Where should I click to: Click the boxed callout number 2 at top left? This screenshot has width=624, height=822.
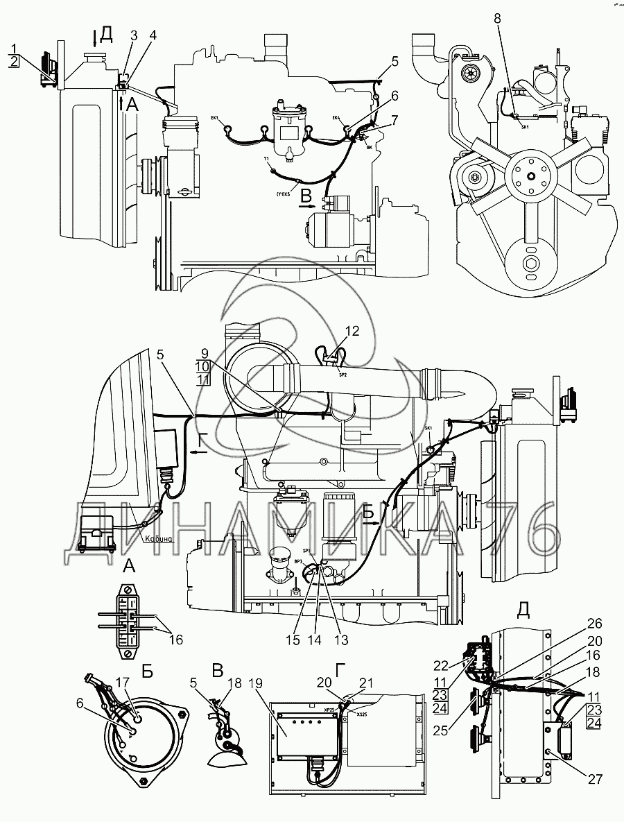[x=14, y=62]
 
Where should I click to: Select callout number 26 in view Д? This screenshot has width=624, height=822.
[x=596, y=623]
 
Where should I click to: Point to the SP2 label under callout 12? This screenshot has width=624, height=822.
[x=343, y=375]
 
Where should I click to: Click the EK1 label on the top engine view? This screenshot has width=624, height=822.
[x=215, y=118]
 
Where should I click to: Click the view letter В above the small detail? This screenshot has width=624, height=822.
[x=218, y=671]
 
